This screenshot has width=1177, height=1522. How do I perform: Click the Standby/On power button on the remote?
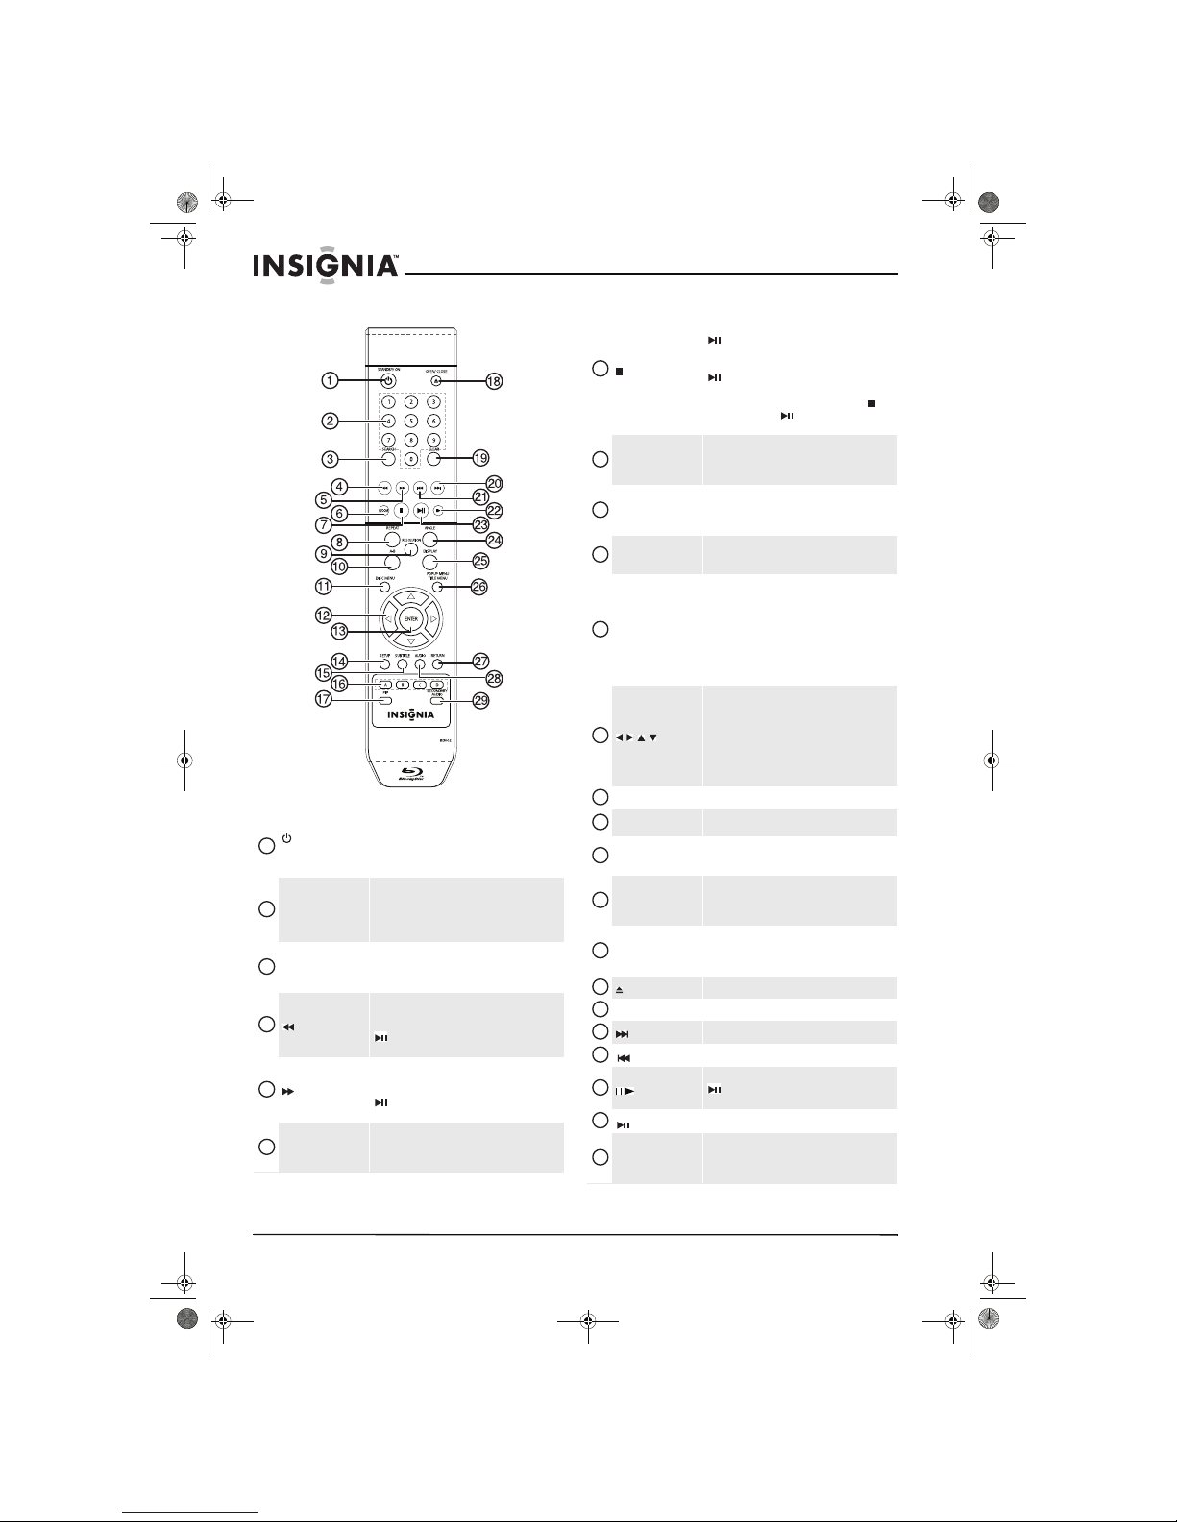387,381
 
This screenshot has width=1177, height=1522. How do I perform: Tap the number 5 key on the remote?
410,420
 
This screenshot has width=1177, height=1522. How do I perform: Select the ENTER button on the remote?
410,619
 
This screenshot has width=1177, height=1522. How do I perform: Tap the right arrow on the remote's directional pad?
433,619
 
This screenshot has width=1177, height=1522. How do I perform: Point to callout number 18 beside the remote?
494,381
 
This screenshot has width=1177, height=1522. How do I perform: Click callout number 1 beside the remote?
329,381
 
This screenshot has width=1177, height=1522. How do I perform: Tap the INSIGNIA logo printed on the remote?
410,715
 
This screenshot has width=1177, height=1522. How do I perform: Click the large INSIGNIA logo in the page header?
326,266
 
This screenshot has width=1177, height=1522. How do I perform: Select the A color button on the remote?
384,684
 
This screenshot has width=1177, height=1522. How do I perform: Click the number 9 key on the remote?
433,439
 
